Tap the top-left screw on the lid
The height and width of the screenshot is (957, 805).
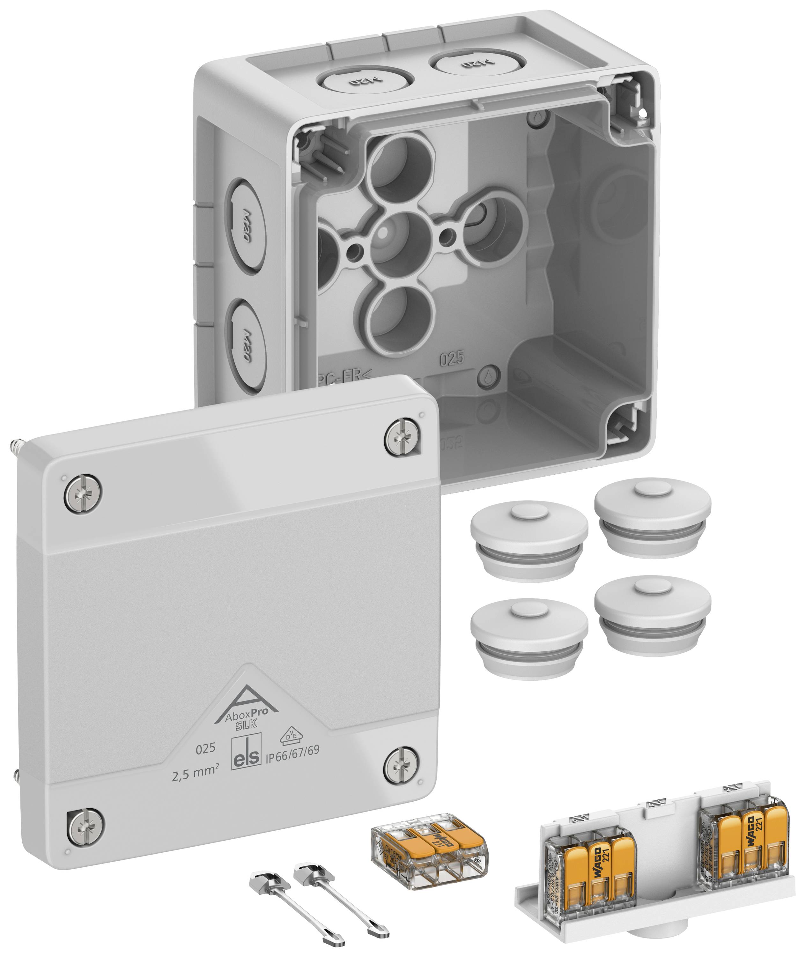(83, 493)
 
